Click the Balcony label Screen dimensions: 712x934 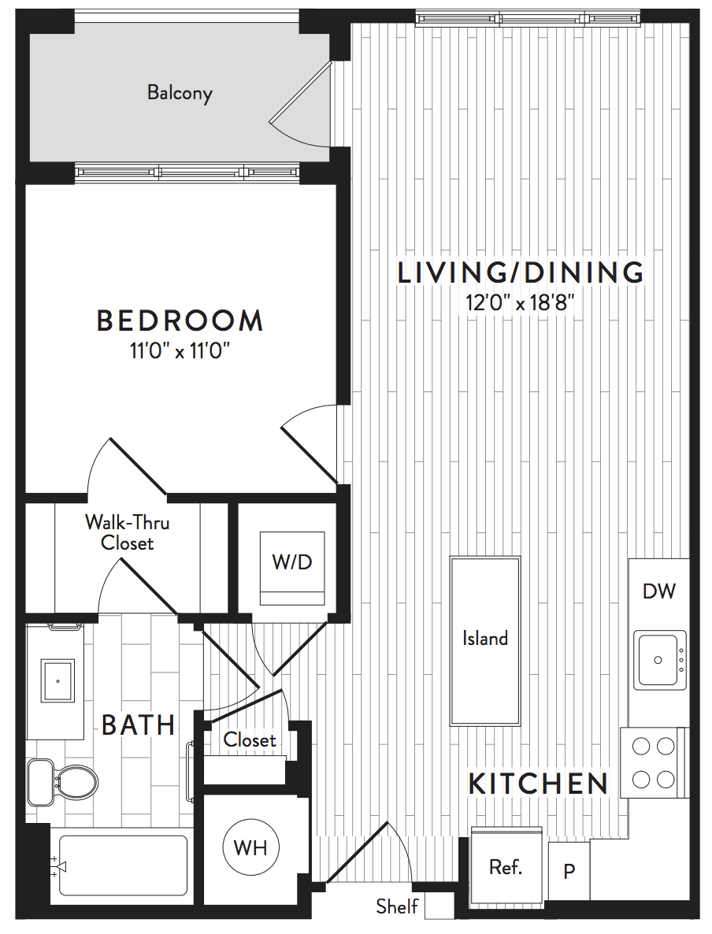point(180,93)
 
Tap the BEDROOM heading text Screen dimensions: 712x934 point(180,321)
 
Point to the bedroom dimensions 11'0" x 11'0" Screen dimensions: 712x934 point(180,351)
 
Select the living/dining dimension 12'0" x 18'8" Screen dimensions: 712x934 point(520,302)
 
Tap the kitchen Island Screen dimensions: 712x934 point(485,640)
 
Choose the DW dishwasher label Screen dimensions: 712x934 point(659,591)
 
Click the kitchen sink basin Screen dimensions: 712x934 point(659,660)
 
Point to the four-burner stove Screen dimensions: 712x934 point(654,762)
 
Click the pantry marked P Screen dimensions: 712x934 point(569,871)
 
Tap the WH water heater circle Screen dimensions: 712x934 point(250,847)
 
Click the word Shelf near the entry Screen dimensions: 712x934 point(397,906)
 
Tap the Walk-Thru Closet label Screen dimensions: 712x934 point(127,532)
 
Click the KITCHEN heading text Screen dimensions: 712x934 point(538,784)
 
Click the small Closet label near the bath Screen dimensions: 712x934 point(250,739)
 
